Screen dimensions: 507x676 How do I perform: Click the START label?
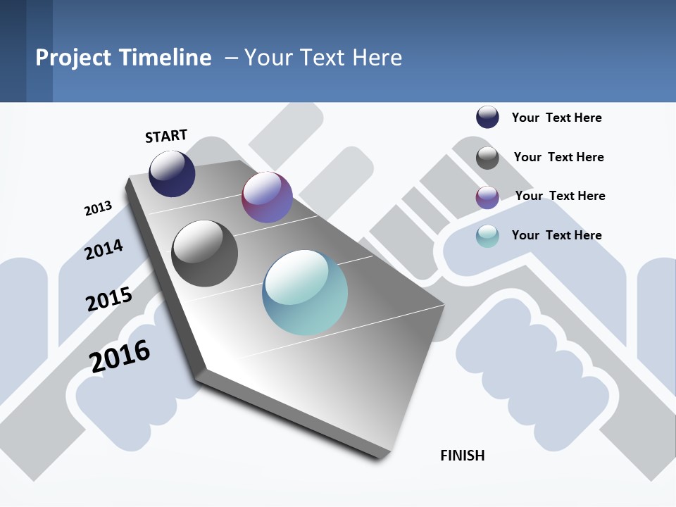pos(166,136)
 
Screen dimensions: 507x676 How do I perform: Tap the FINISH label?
pos(463,456)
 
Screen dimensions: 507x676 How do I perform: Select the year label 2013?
pos(98,208)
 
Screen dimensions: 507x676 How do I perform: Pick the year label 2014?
pos(104,249)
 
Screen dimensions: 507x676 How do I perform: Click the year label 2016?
pos(120,356)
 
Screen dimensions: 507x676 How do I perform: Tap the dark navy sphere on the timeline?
pos(172,174)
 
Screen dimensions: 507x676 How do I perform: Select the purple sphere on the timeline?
pos(267,197)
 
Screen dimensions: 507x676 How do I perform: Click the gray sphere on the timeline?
pos(205,254)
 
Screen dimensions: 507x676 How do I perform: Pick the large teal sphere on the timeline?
pos(305,292)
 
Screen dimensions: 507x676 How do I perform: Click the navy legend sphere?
pos(487,117)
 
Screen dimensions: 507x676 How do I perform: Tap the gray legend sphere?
pos(487,158)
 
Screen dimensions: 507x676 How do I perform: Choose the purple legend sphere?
pos(487,197)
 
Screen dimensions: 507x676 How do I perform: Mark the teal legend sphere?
pos(487,236)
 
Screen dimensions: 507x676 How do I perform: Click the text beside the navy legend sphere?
pos(556,118)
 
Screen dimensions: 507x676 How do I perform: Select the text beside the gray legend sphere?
pos(558,157)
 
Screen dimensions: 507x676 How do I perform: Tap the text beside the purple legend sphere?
pos(560,196)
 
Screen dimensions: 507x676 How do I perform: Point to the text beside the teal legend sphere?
pos(556,235)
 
